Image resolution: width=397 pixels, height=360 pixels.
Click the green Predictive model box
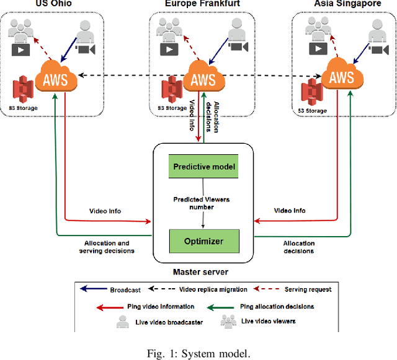(x=204, y=167)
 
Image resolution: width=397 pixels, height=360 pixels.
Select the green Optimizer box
(x=204, y=240)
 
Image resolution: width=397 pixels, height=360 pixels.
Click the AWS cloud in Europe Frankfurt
(x=203, y=79)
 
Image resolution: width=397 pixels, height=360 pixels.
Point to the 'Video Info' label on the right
(x=290, y=211)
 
